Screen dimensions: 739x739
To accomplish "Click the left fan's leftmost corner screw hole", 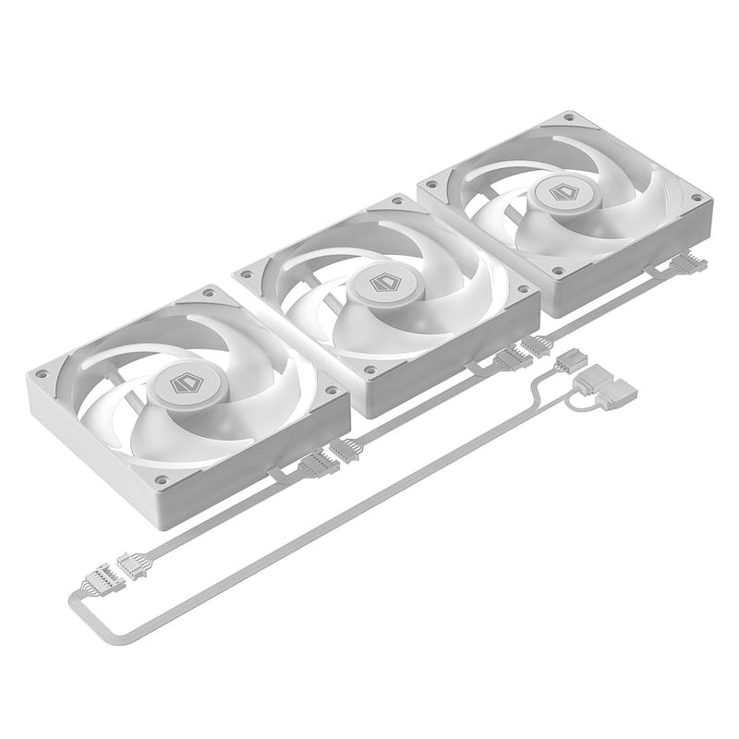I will (x=41, y=374).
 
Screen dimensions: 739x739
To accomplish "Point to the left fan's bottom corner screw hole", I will (x=161, y=479).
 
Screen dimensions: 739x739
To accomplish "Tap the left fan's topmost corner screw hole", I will (x=208, y=294).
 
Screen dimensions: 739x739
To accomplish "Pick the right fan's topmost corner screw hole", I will (x=569, y=118).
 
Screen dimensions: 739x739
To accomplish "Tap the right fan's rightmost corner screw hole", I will (x=697, y=198).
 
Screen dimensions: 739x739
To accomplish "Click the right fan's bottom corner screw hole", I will (x=557, y=271).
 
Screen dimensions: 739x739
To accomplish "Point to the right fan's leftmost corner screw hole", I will (x=430, y=185).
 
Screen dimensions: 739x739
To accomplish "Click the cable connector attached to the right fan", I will (x=686, y=265).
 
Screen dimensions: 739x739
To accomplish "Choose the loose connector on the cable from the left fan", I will (x=131, y=565).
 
